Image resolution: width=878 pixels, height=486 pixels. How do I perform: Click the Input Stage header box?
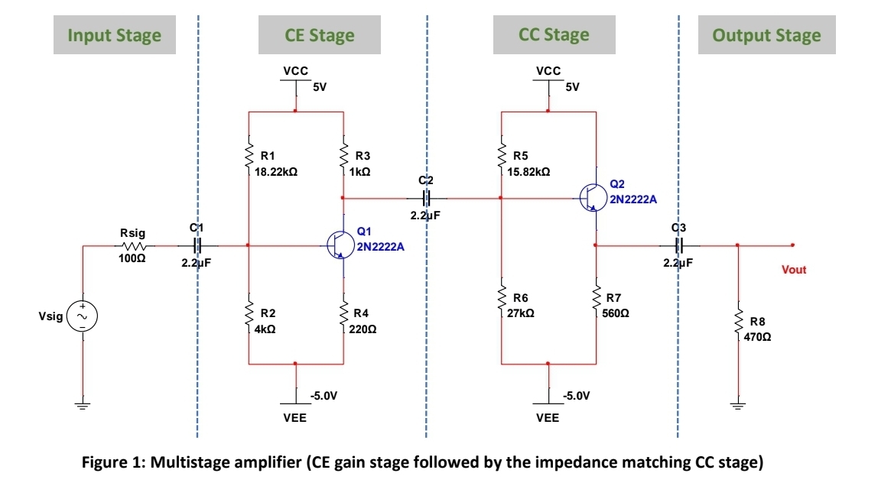point(114,35)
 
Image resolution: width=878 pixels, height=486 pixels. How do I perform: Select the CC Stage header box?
point(554,35)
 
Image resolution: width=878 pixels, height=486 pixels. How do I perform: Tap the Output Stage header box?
point(766,35)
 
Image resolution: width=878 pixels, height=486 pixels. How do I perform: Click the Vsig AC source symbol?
point(81,316)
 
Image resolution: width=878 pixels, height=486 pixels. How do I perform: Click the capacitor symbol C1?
point(197,246)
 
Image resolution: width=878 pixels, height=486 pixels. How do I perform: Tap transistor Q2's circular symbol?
point(593,198)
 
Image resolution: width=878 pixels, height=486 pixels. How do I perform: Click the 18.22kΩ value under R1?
point(276,173)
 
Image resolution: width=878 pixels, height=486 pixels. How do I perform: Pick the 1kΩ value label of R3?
point(359,173)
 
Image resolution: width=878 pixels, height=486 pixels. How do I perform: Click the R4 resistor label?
point(361,313)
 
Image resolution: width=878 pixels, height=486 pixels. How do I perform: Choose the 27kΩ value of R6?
point(523,313)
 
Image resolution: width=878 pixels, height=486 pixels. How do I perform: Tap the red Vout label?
point(794,270)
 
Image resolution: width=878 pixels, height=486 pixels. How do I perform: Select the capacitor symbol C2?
point(427,198)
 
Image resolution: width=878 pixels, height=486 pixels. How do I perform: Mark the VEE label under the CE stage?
point(295,418)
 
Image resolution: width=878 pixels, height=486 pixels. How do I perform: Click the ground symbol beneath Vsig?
point(81,405)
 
